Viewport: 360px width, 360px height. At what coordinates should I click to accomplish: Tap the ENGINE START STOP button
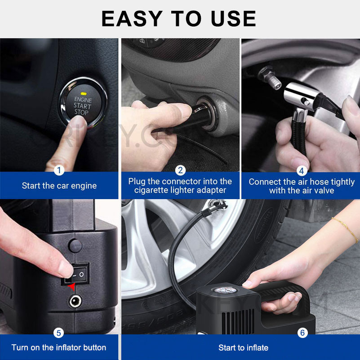82,103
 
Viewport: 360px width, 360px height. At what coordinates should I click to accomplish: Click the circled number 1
59,170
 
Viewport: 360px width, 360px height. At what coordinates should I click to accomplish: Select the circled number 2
180,170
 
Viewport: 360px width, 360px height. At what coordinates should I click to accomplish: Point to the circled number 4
302,170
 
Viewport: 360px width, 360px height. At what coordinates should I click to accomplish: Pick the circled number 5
59,333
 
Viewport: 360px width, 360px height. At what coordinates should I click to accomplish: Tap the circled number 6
302,333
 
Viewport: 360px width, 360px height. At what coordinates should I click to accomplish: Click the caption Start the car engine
59,186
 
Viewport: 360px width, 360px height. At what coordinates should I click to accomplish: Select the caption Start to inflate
243,347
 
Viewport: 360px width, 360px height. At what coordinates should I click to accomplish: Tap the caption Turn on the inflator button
59,347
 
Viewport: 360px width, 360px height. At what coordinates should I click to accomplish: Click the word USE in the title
230,19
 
